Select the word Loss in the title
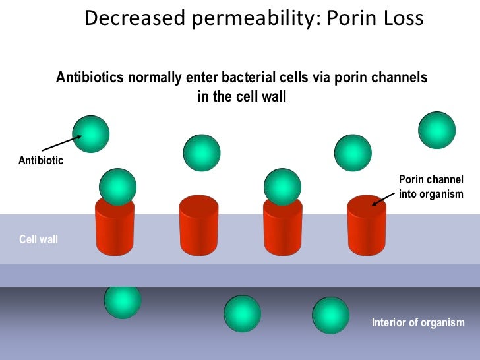tap(399, 18)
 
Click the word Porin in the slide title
tap(347, 18)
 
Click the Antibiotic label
tap(41, 160)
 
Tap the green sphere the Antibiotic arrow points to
tap(90, 133)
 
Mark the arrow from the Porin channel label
tap(385, 197)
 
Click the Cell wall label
tap(38, 239)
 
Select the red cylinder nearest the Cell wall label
tap(115, 227)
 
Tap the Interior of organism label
tap(418, 323)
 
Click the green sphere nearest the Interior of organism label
tap(330, 316)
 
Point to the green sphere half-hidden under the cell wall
tap(123, 301)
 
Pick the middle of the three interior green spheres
tap(243, 314)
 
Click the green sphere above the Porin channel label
tap(436, 130)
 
